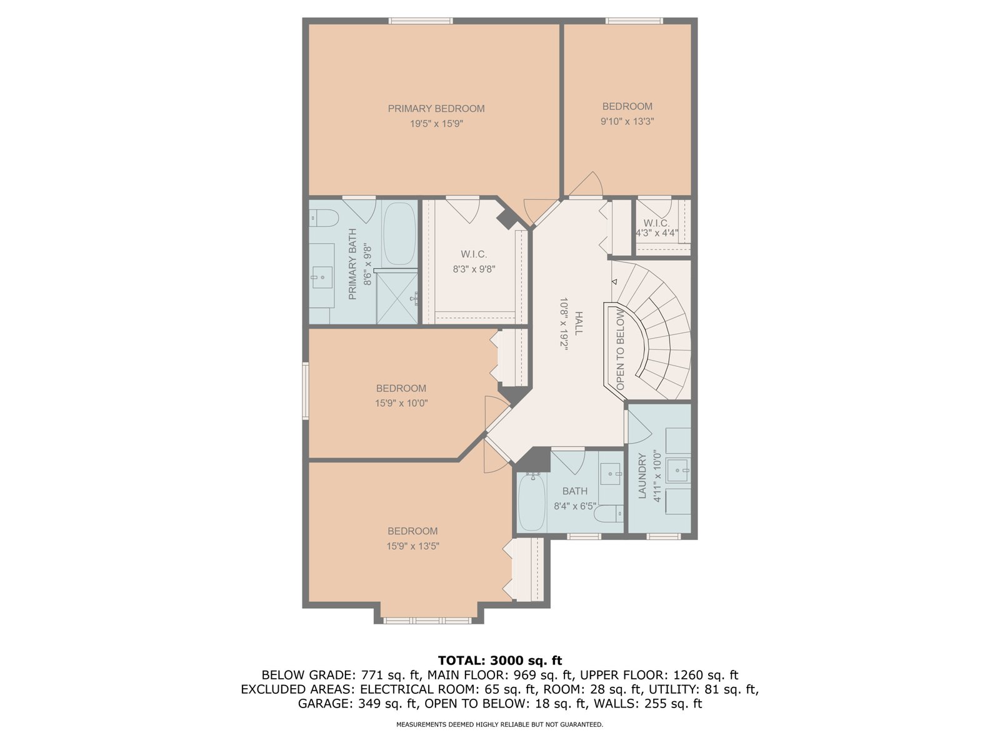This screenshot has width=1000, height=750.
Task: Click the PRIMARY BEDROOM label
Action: tap(436, 109)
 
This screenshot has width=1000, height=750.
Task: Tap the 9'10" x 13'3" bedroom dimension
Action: tap(627, 122)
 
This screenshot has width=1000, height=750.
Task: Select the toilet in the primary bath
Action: tap(324, 218)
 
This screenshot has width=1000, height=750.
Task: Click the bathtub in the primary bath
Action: tap(399, 234)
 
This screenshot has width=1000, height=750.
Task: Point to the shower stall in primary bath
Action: tap(397, 296)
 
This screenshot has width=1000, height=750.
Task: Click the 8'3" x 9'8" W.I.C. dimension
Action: tap(474, 269)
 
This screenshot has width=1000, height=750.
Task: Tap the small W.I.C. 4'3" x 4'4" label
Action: tap(656, 228)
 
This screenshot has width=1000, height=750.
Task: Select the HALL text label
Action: tap(579, 324)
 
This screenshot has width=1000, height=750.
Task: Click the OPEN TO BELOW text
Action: tap(620, 350)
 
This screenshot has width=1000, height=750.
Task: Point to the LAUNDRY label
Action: tap(642, 476)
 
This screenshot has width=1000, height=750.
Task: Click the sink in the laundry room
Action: tap(678, 471)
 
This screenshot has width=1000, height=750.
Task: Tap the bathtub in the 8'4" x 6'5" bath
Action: tap(532, 501)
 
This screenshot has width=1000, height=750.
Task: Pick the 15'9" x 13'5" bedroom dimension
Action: tap(412, 546)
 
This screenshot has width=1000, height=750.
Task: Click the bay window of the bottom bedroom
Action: tap(427, 620)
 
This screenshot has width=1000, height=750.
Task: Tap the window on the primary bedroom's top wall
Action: tap(421, 21)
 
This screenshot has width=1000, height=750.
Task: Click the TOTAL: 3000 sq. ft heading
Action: tap(500, 660)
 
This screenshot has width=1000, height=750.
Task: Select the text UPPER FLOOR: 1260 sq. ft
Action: tap(659, 675)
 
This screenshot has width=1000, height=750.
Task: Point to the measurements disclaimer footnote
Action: tap(500, 724)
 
